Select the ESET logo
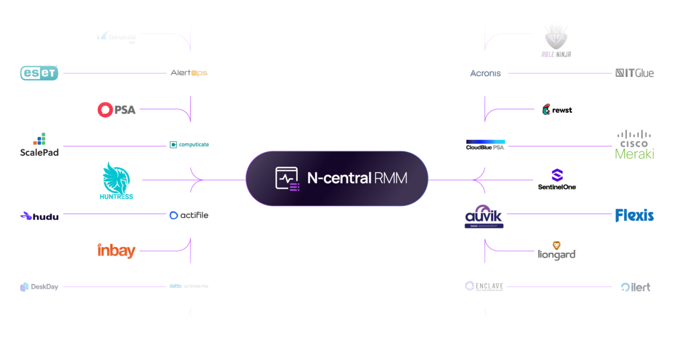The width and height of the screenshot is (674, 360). pos(39,73)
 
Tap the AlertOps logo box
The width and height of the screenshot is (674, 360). pos(189,73)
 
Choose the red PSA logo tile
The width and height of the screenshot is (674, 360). pos(116,110)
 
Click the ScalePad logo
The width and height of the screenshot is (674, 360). pos(39,145)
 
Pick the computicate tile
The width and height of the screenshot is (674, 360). pos(189,144)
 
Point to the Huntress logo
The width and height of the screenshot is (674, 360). pos(116,181)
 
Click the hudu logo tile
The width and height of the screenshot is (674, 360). pos(39,216)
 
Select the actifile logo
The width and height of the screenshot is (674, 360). pos(189,215)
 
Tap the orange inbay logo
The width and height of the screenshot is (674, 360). pos(116,250)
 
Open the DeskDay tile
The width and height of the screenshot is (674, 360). pos(39,286)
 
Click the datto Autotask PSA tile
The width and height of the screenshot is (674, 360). pos(189,286)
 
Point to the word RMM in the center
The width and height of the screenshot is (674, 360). pos(391,179)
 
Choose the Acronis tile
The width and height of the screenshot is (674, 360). pos(485,73)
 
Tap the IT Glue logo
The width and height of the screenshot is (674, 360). pos(635,73)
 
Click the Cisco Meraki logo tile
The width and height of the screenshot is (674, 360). pos(635,144)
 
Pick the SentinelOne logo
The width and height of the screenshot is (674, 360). pos(557,180)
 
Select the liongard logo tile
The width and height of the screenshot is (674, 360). pos(557,250)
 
